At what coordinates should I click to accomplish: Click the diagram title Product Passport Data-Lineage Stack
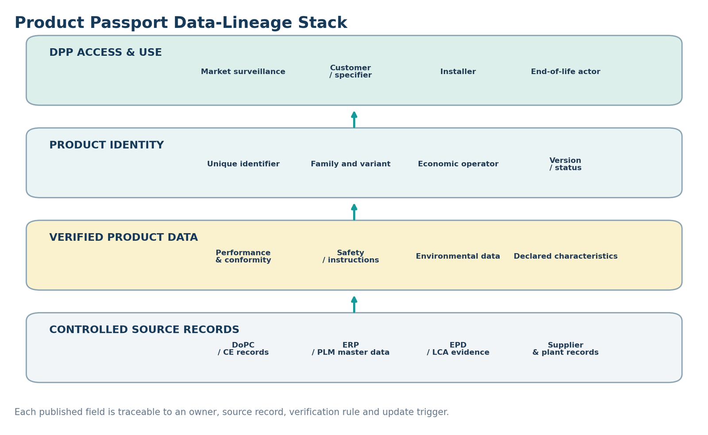[181, 23]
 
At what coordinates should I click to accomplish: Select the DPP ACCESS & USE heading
[106, 53]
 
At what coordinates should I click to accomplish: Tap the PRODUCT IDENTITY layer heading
[107, 145]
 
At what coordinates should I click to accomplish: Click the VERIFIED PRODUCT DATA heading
[123, 238]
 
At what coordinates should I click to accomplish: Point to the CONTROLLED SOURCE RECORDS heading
[144, 330]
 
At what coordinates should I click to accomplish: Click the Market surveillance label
[243, 72]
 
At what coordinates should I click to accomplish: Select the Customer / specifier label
[350, 71]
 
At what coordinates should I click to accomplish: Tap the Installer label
[458, 72]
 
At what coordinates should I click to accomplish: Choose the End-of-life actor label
[566, 72]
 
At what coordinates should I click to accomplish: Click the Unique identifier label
[243, 164]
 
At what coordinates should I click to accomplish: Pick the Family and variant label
[350, 164]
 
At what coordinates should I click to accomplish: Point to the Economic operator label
[458, 164]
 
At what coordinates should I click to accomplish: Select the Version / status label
[566, 164]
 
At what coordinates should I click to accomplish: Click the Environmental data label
[458, 256]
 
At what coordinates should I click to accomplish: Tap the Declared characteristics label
[566, 256]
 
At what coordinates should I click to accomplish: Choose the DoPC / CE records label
[243, 349]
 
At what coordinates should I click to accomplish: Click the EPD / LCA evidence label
[458, 349]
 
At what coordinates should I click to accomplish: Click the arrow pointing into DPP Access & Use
[354, 119]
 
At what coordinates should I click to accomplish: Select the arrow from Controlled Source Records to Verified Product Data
[354, 304]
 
